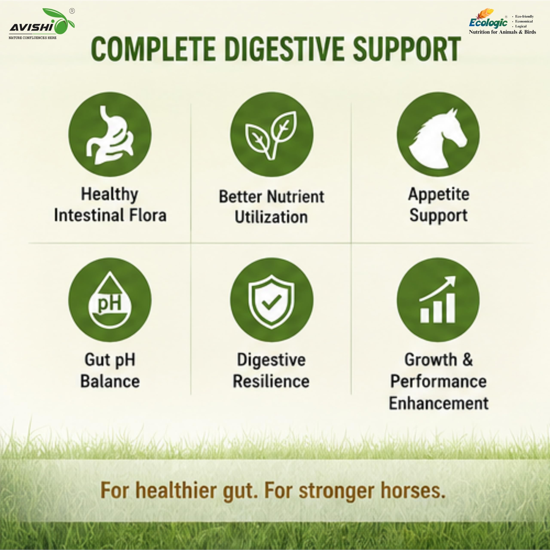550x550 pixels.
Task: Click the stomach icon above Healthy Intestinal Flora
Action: coord(110,135)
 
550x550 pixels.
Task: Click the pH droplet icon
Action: coord(110,300)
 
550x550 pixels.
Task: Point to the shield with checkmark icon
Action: coord(271,302)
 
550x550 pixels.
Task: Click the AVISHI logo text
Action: coord(31,27)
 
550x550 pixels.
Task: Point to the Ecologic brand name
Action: coord(488,22)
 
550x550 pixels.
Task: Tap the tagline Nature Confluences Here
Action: coord(32,38)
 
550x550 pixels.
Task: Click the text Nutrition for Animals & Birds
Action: coord(503,32)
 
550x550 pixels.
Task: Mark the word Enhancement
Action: coord(438,403)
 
